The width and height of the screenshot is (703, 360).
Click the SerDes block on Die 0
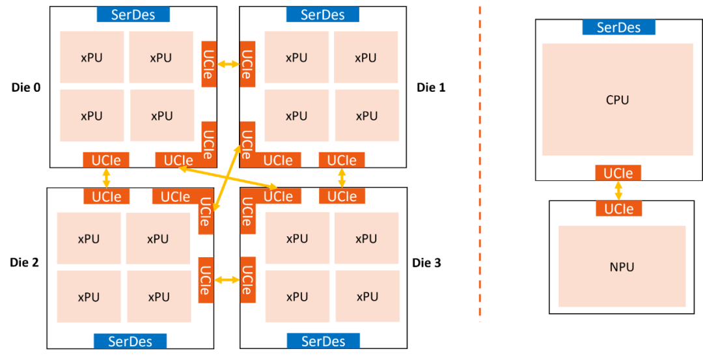point(133,14)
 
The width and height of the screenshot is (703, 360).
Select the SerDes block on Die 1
point(322,14)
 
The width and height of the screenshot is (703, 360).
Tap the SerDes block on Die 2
point(130,341)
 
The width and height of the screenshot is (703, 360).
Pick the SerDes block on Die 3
point(324,341)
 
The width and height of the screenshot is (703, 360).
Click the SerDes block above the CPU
point(618,27)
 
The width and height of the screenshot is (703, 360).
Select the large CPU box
point(617,100)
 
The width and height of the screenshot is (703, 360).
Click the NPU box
point(622,266)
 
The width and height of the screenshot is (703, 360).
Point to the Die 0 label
point(26,87)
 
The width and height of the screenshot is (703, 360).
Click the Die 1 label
point(431,87)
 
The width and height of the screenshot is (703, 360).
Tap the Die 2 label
point(25,263)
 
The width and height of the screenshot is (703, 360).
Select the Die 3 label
point(427,263)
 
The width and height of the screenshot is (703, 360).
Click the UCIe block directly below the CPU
point(618,173)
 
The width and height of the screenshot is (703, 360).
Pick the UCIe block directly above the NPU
point(618,209)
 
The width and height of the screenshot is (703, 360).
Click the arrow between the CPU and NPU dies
point(618,191)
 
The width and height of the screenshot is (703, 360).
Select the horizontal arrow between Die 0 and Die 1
point(228,64)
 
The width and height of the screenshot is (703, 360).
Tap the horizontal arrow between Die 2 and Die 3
point(227,280)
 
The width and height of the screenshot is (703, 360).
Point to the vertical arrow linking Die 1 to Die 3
point(342,178)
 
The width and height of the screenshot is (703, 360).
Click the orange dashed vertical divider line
point(480,163)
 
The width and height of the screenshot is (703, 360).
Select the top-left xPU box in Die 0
point(91,57)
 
